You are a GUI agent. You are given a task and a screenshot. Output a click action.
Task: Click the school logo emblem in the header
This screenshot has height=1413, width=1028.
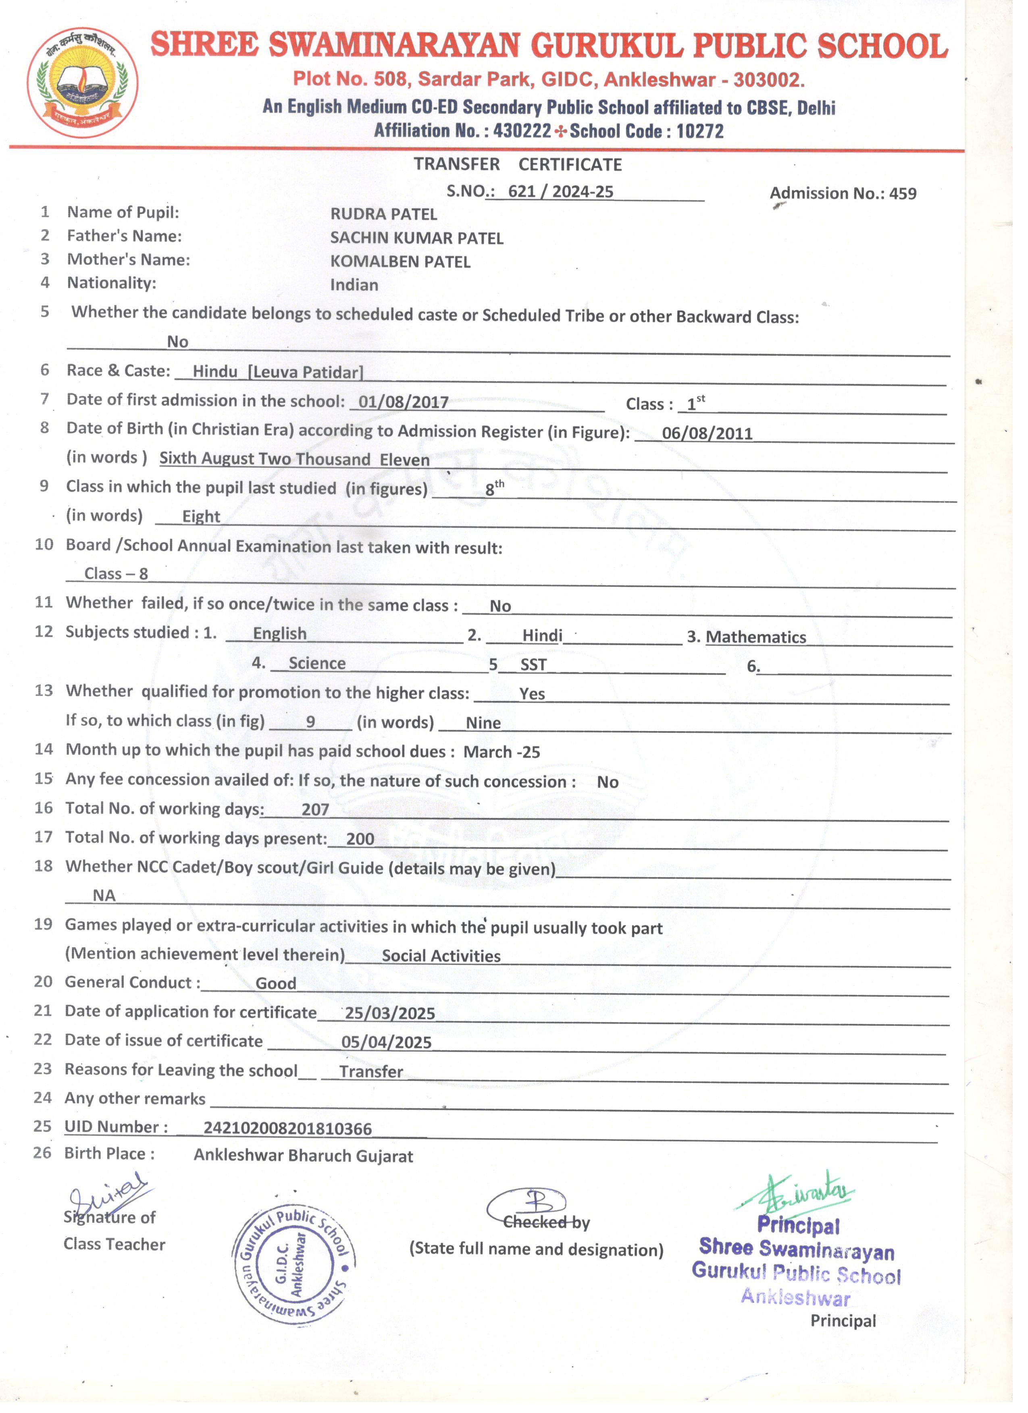82,82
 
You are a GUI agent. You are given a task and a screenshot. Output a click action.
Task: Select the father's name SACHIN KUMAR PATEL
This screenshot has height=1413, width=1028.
416,238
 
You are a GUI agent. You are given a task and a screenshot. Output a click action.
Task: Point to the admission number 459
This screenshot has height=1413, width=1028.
903,194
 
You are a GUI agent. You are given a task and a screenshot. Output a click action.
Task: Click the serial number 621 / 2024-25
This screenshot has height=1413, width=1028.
560,191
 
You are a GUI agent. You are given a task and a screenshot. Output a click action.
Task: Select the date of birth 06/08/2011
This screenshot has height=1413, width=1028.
707,433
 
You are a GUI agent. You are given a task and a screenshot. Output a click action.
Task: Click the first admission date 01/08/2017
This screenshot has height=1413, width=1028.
404,402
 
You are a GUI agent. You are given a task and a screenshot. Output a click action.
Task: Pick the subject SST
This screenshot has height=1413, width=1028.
533,665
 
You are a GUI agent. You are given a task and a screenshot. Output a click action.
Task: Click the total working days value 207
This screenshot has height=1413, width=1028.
315,809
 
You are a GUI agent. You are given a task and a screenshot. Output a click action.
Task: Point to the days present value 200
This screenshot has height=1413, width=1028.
360,838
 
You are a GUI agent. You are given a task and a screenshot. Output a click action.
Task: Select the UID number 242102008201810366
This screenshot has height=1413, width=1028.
287,1128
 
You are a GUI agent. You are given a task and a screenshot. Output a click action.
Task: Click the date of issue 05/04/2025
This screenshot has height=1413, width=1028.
386,1042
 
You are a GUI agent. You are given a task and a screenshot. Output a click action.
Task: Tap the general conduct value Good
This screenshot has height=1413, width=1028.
276,983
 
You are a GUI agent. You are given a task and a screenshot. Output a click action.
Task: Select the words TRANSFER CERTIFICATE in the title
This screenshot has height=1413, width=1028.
518,164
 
